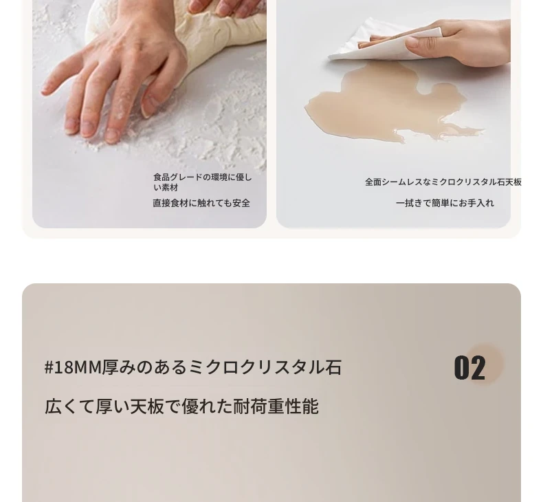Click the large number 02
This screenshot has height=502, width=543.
[x=469, y=368]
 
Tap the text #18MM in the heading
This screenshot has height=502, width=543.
[x=73, y=367]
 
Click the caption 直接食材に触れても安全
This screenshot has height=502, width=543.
[x=201, y=203]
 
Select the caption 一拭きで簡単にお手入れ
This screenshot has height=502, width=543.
[x=445, y=203]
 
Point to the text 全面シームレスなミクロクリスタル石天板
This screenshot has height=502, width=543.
[x=443, y=182]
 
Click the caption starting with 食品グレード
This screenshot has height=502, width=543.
[x=203, y=183]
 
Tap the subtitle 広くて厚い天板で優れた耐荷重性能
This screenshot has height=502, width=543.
[x=181, y=406]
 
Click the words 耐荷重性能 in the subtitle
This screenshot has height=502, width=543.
[x=276, y=406]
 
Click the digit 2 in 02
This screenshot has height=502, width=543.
[x=478, y=368]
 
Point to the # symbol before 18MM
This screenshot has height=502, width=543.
[x=49, y=368]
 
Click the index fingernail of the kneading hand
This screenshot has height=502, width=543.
[x=113, y=135]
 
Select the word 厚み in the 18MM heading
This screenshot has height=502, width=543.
[x=111, y=367]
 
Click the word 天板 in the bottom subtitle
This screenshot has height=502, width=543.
[x=147, y=406]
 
